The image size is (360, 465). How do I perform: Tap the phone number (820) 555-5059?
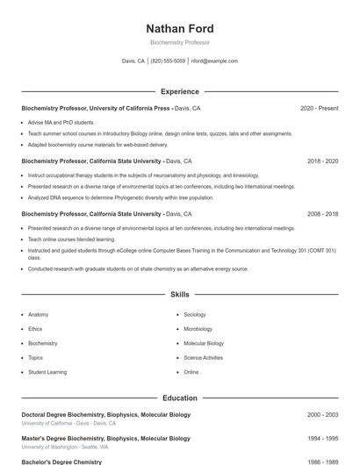point(168,61)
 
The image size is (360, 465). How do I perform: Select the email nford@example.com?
point(214,61)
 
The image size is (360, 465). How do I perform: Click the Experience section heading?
point(180,91)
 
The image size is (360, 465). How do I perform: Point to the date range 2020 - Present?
point(319,108)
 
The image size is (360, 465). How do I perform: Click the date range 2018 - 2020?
point(323,161)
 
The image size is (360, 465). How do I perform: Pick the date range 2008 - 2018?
point(323,214)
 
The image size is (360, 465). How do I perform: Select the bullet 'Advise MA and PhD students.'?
point(61,123)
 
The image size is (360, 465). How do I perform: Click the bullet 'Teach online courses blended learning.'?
point(71,239)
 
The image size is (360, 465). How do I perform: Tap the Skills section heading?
point(180,295)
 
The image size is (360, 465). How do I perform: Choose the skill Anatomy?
point(39,314)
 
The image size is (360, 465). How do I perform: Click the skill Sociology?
point(195,314)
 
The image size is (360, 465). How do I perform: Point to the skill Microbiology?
point(198,329)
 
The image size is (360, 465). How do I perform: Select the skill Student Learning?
point(47,372)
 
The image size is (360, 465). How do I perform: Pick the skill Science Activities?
point(204,358)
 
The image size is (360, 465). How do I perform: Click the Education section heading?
point(180,397)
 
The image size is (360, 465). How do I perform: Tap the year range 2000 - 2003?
point(323,414)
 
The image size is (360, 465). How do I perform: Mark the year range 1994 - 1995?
point(323,438)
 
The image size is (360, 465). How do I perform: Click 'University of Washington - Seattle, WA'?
point(65,447)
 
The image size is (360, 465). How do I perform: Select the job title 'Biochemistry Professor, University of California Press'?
point(96,108)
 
